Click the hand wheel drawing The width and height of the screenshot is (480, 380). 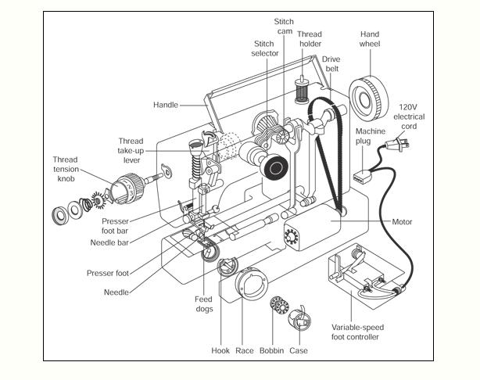pyautogui.click(x=368, y=99)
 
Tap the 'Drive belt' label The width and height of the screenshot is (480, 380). pyautogui.click(x=331, y=63)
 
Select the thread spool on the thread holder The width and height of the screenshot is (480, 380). pyautogui.click(x=302, y=91)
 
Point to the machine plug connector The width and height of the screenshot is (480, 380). pyautogui.click(x=362, y=177)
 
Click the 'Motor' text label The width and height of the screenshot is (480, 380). pyautogui.click(x=402, y=221)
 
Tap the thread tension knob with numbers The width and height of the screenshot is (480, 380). pyautogui.click(x=127, y=188)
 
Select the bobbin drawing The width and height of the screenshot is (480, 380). pyautogui.click(x=280, y=305)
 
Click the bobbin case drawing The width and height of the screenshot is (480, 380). pyautogui.click(x=299, y=319)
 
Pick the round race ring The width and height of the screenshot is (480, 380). pyautogui.click(x=251, y=284)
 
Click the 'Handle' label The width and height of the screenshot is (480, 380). pyautogui.click(x=166, y=105)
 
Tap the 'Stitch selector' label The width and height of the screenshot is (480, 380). pyautogui.click(x=265, y=48)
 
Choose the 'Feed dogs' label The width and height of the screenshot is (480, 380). pyautogui.click(x=204, y=303)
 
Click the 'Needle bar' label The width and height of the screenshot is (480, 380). pyautogui.click(x=109, y=243)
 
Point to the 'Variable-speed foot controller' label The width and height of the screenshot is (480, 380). pyautogui.click(x=357, y=332)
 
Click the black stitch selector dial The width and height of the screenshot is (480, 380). pyautogui.click(x=275, y=168)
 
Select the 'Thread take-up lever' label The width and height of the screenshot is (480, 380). pyautogui.click(x=131, y=150)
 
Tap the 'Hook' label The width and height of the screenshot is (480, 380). pyautogui.click(x=220, y=350)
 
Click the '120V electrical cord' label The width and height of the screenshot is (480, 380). pyautogui.click(x=409, y=117)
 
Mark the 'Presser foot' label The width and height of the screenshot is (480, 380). pyautogui.click(x=108, y=273)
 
